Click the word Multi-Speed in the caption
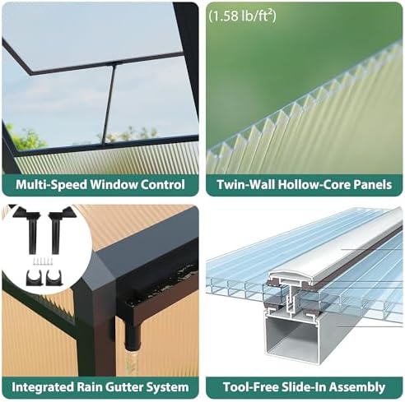[x=51, y=185]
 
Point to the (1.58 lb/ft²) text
[x=242, y=16]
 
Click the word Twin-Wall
[x=246, y=184]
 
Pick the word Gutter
[x=123, y=387]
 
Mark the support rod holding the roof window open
[x=109, y=104]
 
